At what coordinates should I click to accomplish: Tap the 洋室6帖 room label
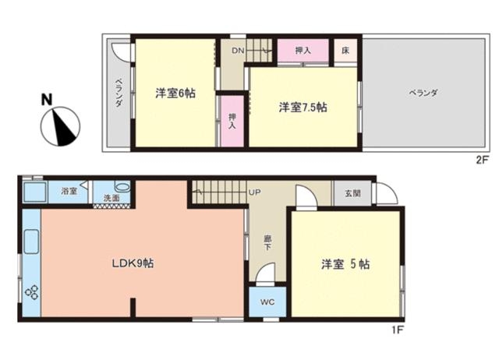click(175, 94)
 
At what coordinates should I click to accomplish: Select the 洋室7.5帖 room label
click(303, 108)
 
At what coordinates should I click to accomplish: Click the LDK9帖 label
click(133, 263)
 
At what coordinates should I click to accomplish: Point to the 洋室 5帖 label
click(345, 264)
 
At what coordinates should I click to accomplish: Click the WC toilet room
click(267, 302)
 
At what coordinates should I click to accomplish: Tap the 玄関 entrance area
click(352, 193)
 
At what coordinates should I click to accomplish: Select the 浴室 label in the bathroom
click(69, 191)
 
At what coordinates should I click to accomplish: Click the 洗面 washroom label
click(111, 198)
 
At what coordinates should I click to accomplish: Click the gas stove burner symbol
click(32, 292)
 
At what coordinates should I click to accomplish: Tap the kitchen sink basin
click(31, 242)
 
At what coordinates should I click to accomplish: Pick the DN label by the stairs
click(238, 50)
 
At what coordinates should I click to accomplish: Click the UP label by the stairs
click(254, 192)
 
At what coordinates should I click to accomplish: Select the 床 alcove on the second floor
click(345, 51)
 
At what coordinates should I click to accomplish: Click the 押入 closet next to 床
click(303, 51)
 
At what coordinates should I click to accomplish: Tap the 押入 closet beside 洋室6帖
click(232, 121)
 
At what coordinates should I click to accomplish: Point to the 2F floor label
click(482, 160)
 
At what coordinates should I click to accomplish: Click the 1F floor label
click(398, 330)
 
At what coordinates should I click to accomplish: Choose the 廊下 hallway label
click(267, 242)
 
